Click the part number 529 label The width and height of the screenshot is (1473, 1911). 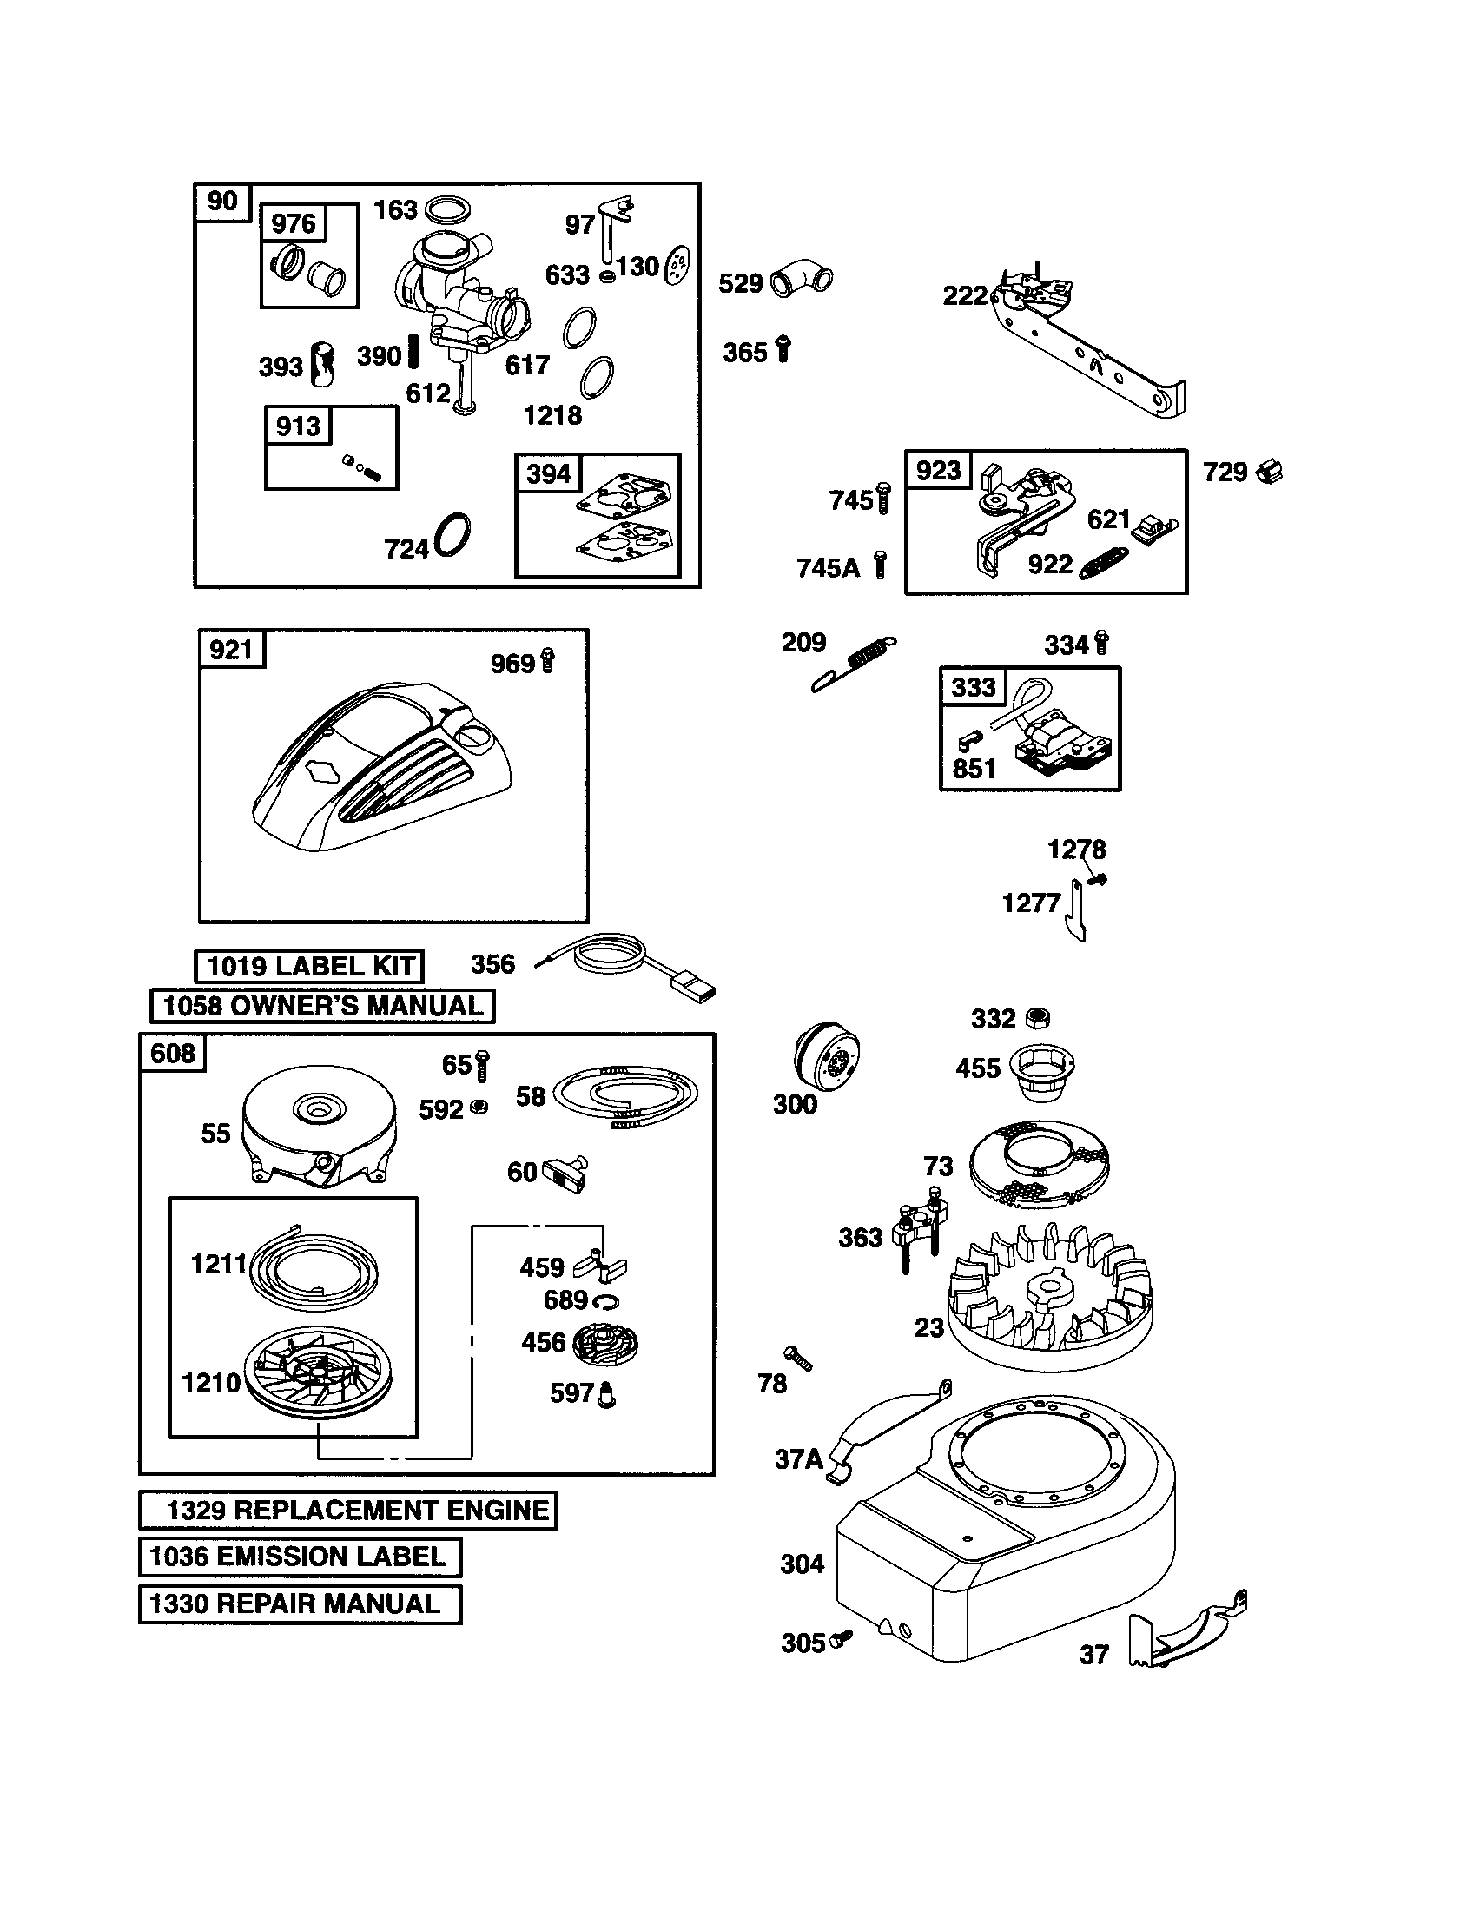tap(740, 283)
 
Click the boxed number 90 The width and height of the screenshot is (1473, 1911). tap(222, 202)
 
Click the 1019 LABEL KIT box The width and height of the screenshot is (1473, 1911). tap(309, 966)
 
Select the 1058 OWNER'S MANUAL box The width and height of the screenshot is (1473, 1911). tap(322, 1005)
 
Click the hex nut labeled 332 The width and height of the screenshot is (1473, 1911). tap(1038, 1018)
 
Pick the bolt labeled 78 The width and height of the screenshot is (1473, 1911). tap(799, 1357)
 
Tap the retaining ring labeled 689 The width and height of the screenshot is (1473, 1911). tap(605, 1302)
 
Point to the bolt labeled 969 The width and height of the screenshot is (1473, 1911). tap(548, 661)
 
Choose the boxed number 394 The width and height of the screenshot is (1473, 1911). tap(548, 473)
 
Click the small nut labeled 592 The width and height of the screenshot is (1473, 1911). tap(479, 1107)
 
